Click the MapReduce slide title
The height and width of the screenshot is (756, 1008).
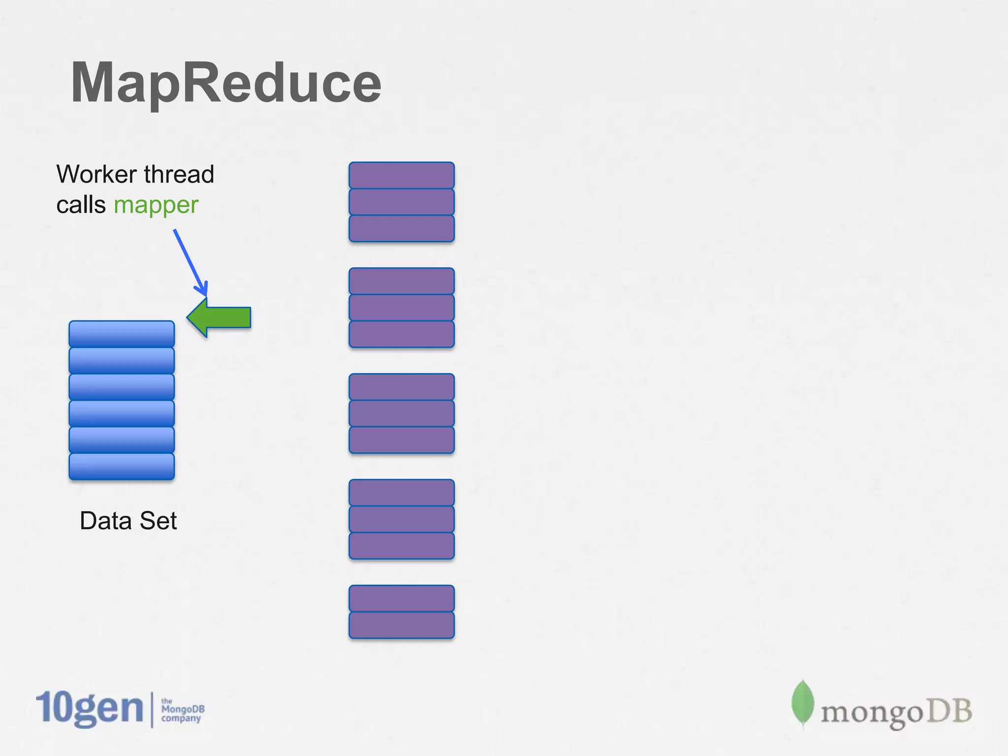point(226,83)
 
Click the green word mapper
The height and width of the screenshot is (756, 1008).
point(156,205)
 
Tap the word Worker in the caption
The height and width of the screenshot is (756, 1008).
point(96,174)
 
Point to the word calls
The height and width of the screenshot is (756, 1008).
point(81,205)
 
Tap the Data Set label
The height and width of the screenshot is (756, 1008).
point(128,521)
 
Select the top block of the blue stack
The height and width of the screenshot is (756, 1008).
point(122,334)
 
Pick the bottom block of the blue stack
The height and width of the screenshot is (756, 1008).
point(122,466)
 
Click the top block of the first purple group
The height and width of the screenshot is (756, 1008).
point(402,175)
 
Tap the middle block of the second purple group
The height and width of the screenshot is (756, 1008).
point(402,308)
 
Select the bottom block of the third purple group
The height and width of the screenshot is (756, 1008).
point(402,440)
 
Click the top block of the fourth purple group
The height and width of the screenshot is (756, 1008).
point(402,493)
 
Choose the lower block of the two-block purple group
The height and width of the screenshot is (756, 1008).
point(402,625)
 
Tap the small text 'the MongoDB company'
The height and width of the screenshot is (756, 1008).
point(182,710)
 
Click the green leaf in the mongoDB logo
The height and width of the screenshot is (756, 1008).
point(802,703)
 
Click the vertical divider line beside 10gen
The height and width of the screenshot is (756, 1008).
point(152,709)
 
